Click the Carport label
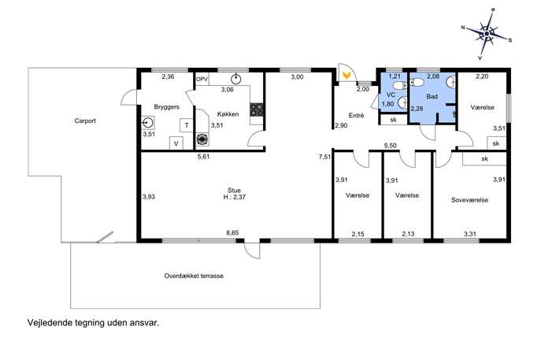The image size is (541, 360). (85, 121)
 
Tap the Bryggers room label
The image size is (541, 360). (167, 107)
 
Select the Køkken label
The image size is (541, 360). (228, 114)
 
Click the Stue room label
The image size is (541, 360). (234, 191)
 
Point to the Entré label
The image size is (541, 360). (356, 116)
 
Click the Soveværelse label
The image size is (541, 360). (469, 200)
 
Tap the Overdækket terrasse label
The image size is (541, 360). (194, 276)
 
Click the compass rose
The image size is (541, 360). (487, 34)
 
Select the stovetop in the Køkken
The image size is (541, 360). (257, 110)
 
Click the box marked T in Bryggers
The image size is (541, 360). (187, 125)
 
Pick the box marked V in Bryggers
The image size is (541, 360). (176, 143)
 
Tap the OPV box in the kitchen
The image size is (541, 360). (202, 79)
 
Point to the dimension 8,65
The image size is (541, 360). (232, 233)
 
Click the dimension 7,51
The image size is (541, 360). (324, 158)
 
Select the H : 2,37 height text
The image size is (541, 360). (234, 198)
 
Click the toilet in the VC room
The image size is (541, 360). (400, 86)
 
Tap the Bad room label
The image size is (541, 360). (432, 97)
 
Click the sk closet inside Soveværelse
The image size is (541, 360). (484, 159)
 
